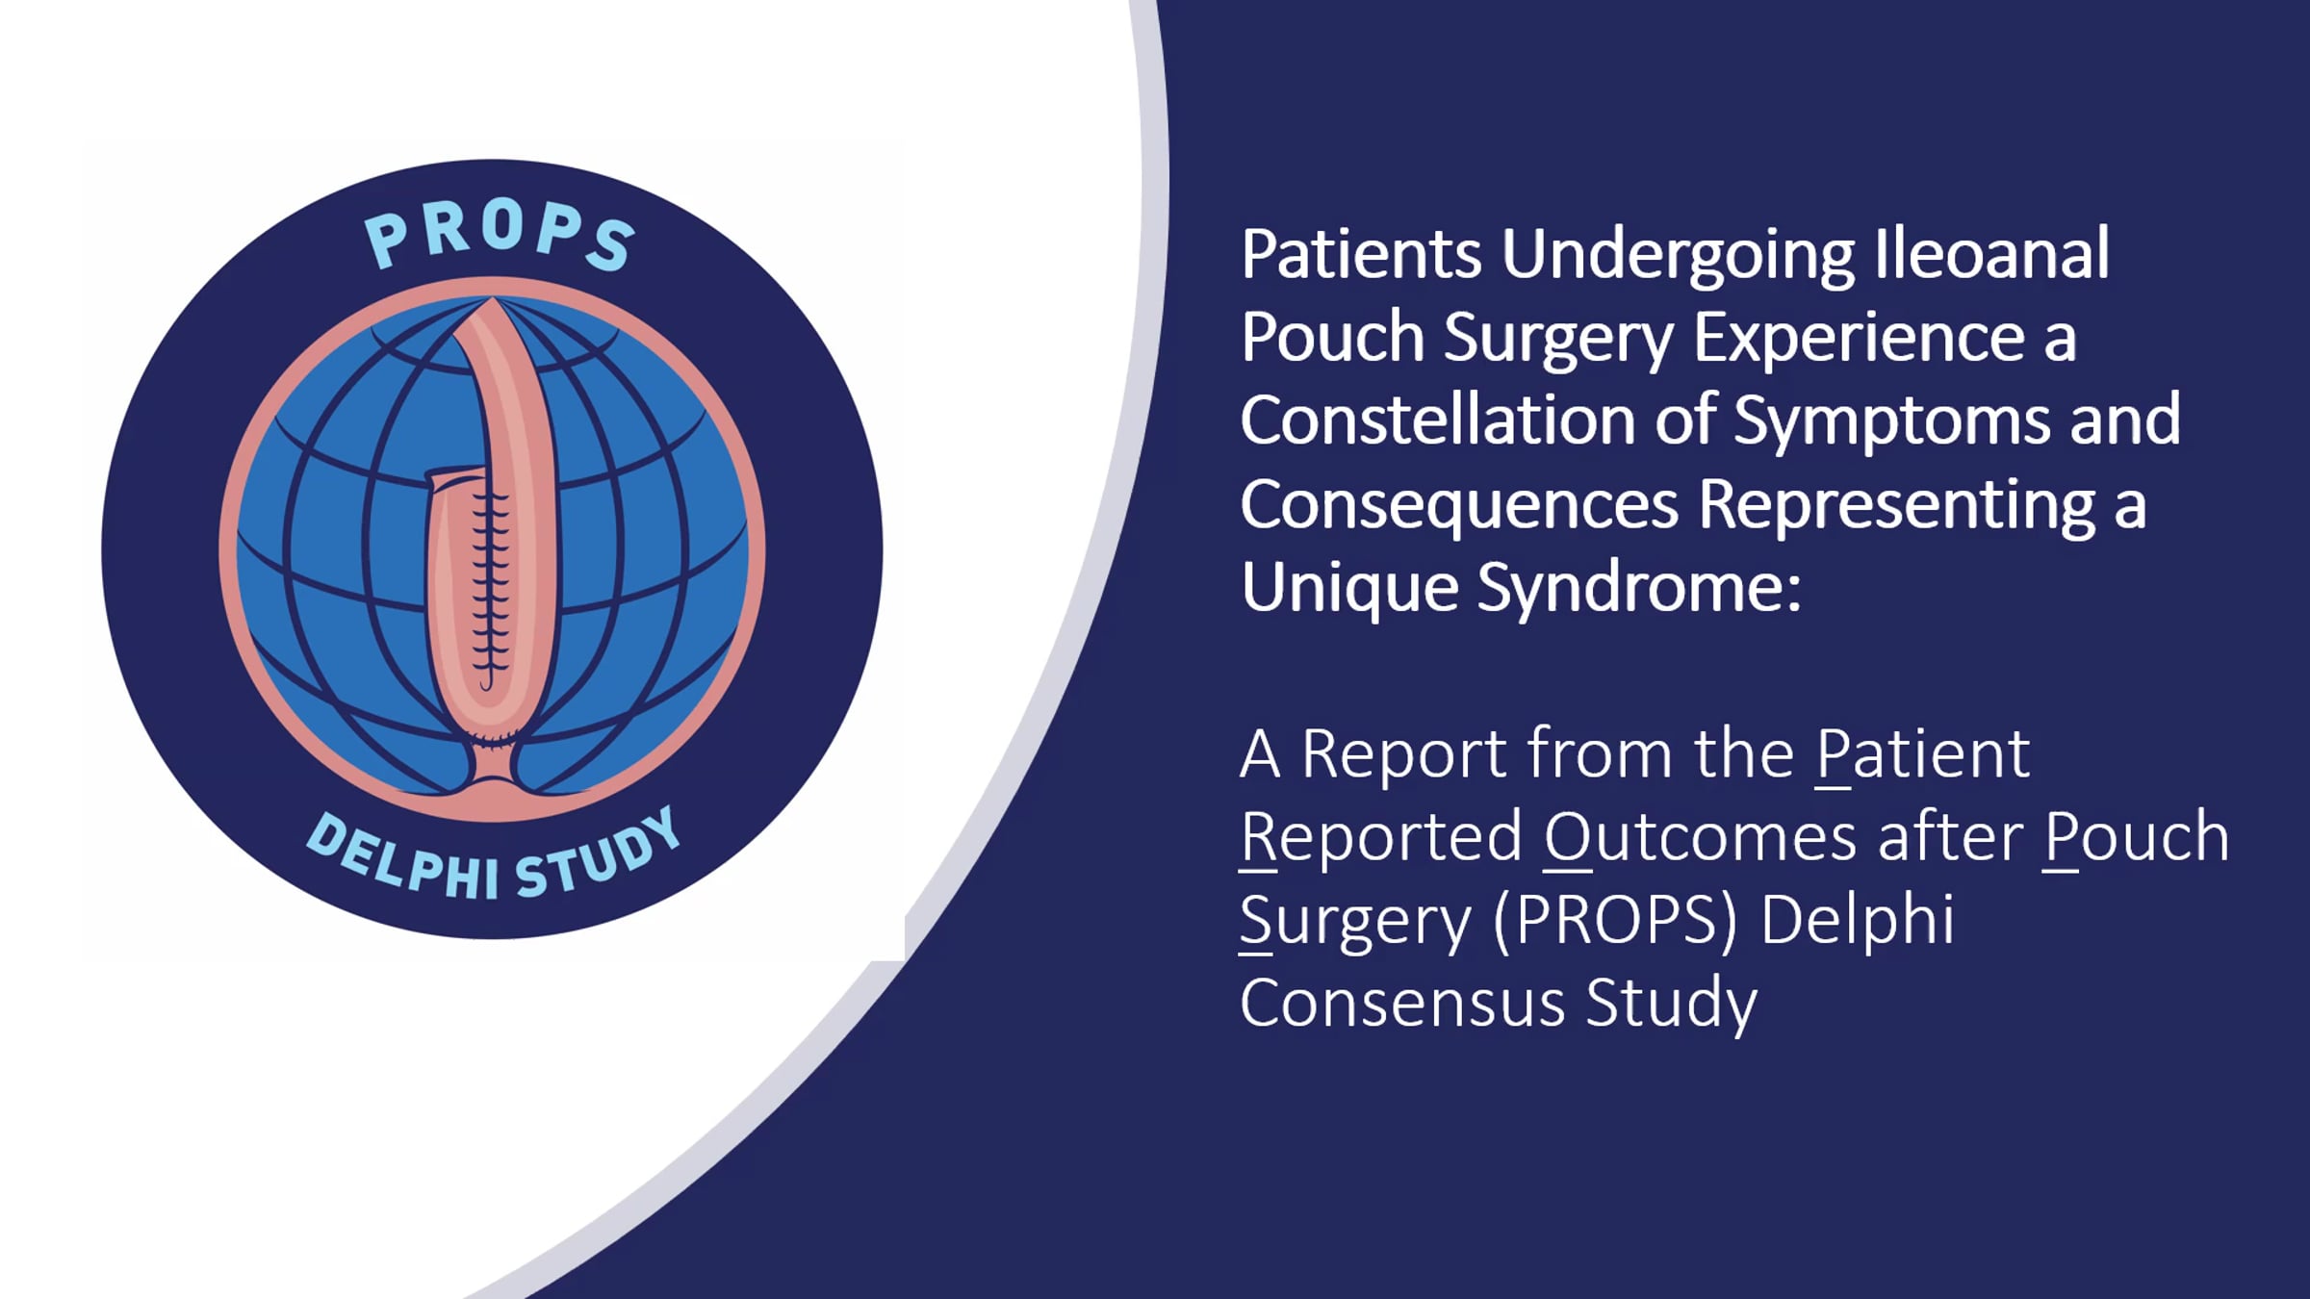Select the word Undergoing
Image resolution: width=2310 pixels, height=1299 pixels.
click(x=1678, y=256)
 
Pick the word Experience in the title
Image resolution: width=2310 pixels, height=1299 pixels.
click(x=1859, y=339)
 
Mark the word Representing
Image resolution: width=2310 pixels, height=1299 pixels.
click(x=1896, y=506)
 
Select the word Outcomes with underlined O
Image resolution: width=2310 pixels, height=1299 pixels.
click(x=1700, y=837)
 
